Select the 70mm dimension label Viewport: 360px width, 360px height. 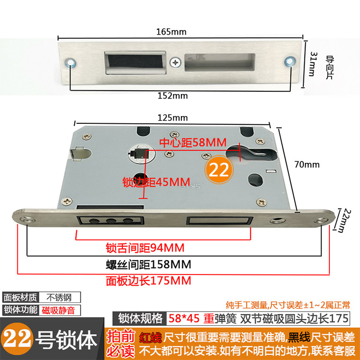point(307,165)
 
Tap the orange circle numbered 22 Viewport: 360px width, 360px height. point(219,169)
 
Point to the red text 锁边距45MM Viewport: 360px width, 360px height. point(150,182)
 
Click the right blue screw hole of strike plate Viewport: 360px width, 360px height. point(289,60)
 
